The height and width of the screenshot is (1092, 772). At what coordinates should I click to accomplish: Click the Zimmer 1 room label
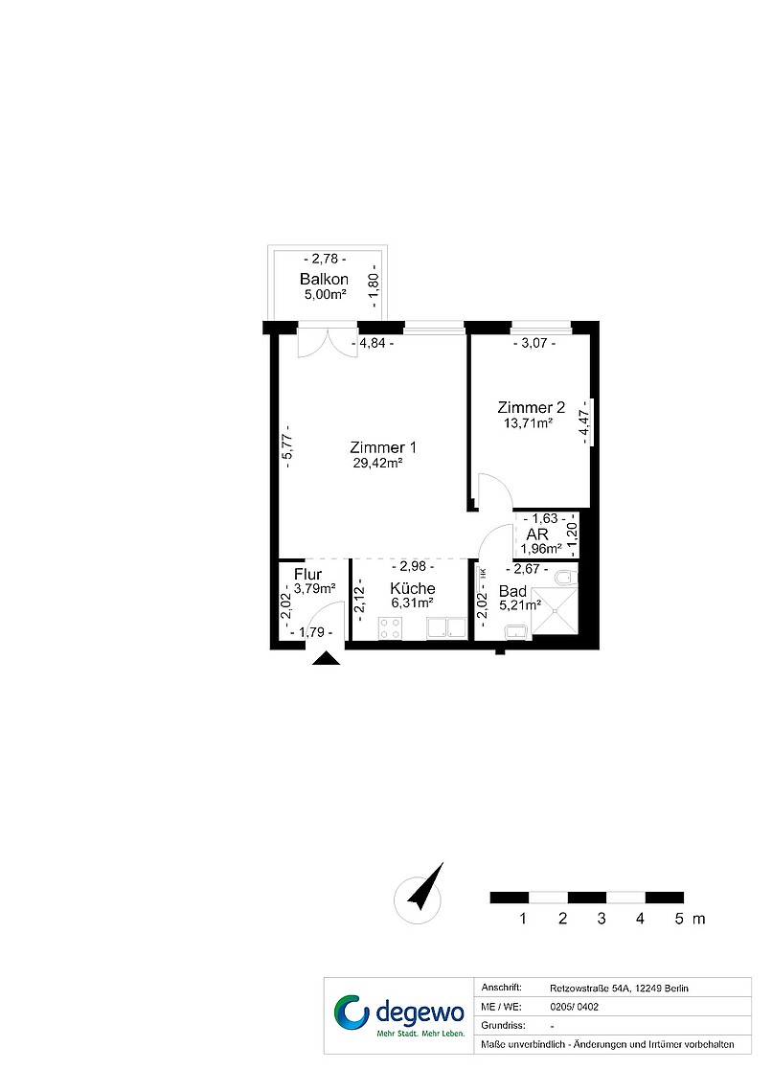[x=383, y=447]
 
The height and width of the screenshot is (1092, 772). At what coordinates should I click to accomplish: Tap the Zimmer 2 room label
[x=532, y=407]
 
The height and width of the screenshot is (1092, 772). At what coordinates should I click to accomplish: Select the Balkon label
[x=324, y=280]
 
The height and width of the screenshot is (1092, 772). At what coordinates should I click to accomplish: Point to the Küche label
[x=413, y=588]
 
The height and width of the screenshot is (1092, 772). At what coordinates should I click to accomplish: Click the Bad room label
[x=513, y=591]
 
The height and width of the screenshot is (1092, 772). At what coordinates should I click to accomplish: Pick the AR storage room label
[x=537, y=535]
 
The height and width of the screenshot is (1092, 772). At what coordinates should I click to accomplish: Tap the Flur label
[x=307, y=575]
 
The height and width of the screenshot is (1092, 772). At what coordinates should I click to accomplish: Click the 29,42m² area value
[x=378, y=463]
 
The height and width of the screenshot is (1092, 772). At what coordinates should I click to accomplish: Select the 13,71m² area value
[x=529, y=422]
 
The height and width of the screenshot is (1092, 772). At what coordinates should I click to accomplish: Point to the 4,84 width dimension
[x=373, y=343]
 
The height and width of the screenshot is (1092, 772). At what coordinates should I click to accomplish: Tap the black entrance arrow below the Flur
[x=326, y=658]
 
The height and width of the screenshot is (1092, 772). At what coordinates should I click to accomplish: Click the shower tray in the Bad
[x=555, y=611]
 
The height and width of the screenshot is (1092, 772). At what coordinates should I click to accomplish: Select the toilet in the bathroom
[x=566, y=578]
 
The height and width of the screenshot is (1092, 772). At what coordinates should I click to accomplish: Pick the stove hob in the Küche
[x=390, y=628]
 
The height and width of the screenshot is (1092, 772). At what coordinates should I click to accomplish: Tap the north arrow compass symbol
[x=420, y=893]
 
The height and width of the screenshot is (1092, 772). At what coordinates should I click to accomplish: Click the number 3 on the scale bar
[x=602, y=919]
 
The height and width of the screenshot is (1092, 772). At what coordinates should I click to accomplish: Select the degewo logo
[x=399, y=1015]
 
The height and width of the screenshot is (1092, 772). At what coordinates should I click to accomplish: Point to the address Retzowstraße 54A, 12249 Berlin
[x=619, y=989]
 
